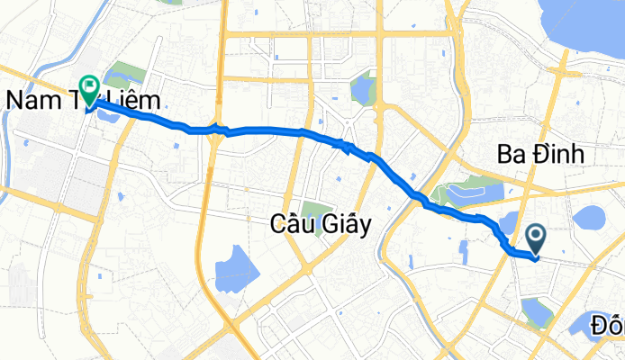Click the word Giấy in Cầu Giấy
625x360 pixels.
click(x=344, y=227)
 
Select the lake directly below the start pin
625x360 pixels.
click(x=537, y=312)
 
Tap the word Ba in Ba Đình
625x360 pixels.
click(x=510, y=156)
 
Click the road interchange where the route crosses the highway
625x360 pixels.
click(x=217, y=130)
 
